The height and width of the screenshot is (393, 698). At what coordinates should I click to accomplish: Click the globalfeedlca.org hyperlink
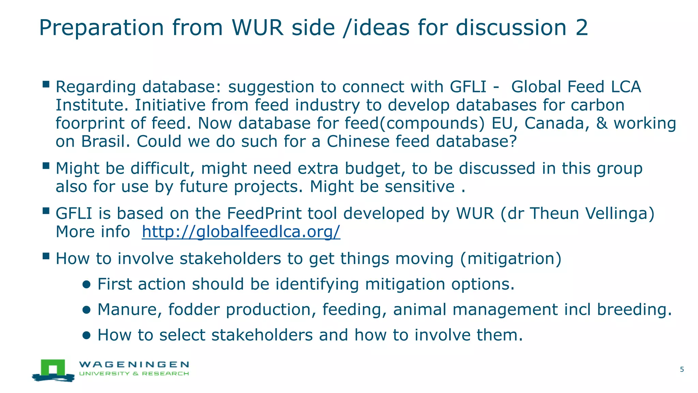coord(241,232)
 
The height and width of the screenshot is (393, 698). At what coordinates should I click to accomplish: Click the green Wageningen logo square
coord(53,368)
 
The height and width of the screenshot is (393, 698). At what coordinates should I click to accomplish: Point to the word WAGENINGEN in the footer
coord(134,364)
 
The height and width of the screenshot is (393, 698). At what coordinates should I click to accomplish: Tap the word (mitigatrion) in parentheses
coord(511,259)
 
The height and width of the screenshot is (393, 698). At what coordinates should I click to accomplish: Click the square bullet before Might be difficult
coord(46,166)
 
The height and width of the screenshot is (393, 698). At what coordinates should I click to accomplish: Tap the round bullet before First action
coord(86,285)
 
